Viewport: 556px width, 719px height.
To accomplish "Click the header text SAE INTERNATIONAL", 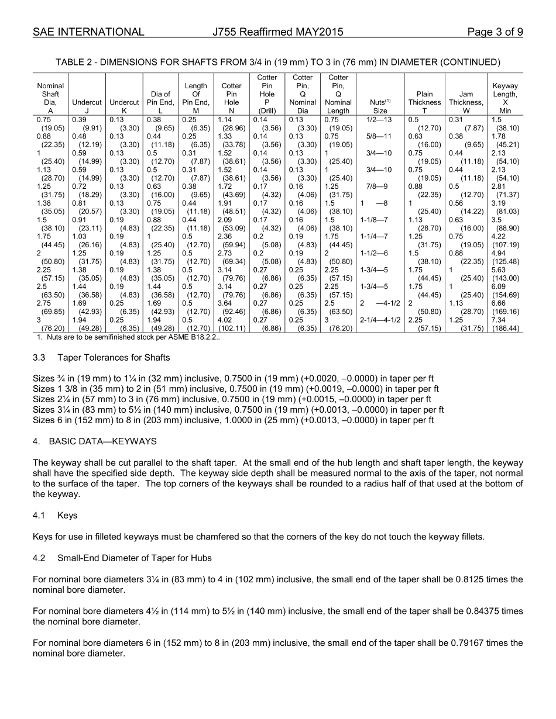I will pos(88,32).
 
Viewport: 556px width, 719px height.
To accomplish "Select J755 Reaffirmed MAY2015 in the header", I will pos(278,32).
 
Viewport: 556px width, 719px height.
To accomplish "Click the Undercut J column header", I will pos(87,102).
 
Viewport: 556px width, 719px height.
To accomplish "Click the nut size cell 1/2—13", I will pos(380,119).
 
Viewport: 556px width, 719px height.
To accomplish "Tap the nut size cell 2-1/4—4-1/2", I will pos(380,320).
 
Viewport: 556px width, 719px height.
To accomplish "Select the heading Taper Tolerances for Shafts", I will pos(114,357).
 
